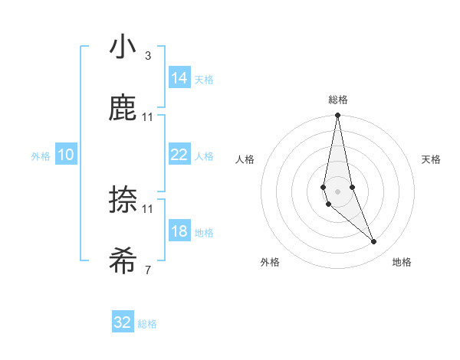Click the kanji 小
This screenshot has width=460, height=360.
pyautogui.click(x=123, y=47)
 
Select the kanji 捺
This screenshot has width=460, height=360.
pyautogui.click(x=123, y=200)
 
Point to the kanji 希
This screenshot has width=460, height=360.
pyautogui.click(x=123, y=261)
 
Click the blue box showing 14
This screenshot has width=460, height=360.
pyautogui.click(x=179, y=78)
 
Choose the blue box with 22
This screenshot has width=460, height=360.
pyautogui.click(x=179, y=155)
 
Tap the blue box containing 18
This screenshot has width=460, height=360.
pyautogui.click(x=179, y=231)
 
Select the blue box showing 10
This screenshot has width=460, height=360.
pyautogui.click(x=66, y=155)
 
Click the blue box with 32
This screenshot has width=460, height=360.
pyautogui.click(x=123, y=322)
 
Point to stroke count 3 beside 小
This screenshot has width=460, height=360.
pyautogui.click(x=148, y=55)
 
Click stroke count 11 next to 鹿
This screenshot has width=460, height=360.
pyautogui.click(x=148, y=116)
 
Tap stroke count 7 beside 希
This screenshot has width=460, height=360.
pyautogui.click(x=148, y=270)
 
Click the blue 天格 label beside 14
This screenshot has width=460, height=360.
pyautogui.click(x=204, y=80)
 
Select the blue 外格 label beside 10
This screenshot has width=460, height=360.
pyautogui.click(x=41, y=156)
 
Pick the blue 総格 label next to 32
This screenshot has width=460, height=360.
pyautogui.click(x=147, y=324)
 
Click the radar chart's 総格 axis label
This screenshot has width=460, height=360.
pyautogui.click(x=338, y=100)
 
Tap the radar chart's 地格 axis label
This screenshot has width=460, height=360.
pyautogui.click(x=402, y=262)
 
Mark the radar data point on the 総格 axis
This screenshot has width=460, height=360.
pyautogui.click(x=338, y=116)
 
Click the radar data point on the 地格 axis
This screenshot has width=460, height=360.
pyautogui.click(x=374, y=242)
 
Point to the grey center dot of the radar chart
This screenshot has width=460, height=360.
pyautogui.click(x=338, y=191)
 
